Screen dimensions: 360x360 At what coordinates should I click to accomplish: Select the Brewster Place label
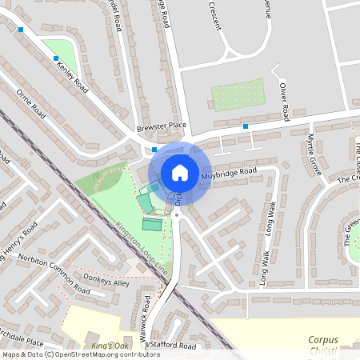[161, 125]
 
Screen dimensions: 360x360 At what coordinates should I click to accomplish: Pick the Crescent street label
[215, 15]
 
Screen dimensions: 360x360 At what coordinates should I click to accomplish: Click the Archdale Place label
[22, 342]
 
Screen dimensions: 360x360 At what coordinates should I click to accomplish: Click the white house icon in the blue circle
[180, 172]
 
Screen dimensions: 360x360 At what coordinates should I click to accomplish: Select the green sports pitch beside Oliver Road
[237, 94]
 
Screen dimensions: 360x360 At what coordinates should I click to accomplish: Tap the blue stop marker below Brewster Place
[154, 149]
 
